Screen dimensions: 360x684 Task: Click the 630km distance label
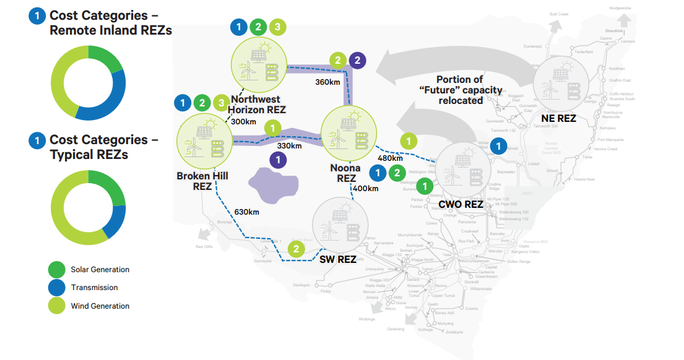(x=246, y=212)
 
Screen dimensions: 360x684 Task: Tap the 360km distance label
(x=327, y=82)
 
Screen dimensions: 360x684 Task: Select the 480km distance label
(x=390, y=158)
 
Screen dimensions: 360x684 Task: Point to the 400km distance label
(x=365, y=188)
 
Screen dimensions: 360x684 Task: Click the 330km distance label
(x=289, y=146)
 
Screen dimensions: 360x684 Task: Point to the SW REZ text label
(x=337, y=259)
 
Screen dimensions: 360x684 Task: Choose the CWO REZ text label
(x=461, y=204)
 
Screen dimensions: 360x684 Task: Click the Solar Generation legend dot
(x=57, y=269)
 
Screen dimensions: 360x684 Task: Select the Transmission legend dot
(x=57, y=287)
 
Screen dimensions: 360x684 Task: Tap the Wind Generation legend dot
(x=57, y=306)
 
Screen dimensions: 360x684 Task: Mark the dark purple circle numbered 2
(x=357, y=60)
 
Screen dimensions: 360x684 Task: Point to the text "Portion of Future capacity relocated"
(x=461, y=90)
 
